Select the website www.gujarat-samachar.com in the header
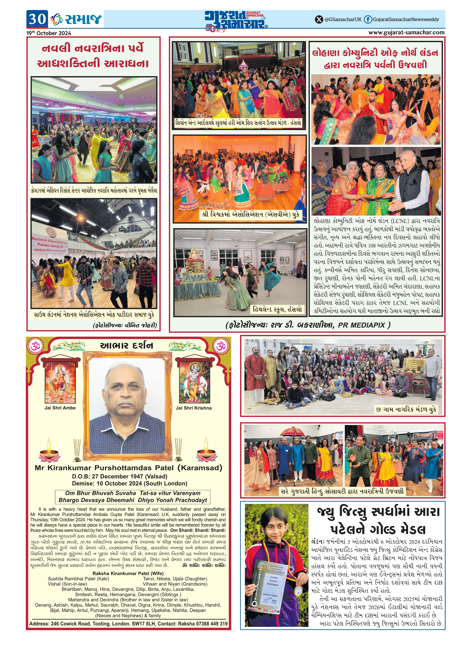406,33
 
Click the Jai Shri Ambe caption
60,408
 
